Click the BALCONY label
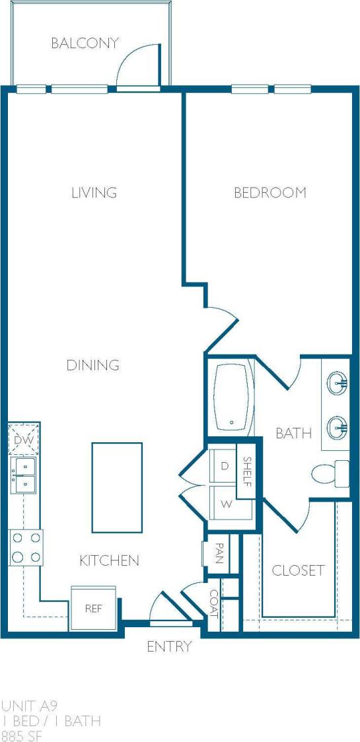(x=85, y=44)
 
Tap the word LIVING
(x=94, y=193)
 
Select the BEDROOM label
(x=270, y=193)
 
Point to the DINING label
(x=93, y=365)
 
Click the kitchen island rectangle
(x=117, y=487)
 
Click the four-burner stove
(x=25, y=547)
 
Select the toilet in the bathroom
(x=328, y=473)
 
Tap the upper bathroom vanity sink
(x=338, y=382)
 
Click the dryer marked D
(x=225, y=466)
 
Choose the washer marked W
(x=225, y=504)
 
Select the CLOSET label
(x=299, y=570)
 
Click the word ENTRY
(x=169, y=646)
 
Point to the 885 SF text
(x=22, y=735)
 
